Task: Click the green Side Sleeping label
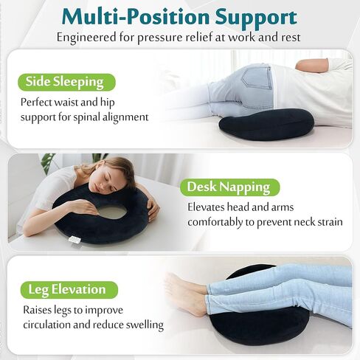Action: click(64, 81)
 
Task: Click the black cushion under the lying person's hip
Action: click(266, 124)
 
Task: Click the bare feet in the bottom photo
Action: click(183, 294)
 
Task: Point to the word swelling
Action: click(141, 325)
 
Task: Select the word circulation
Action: click(52, 325)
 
